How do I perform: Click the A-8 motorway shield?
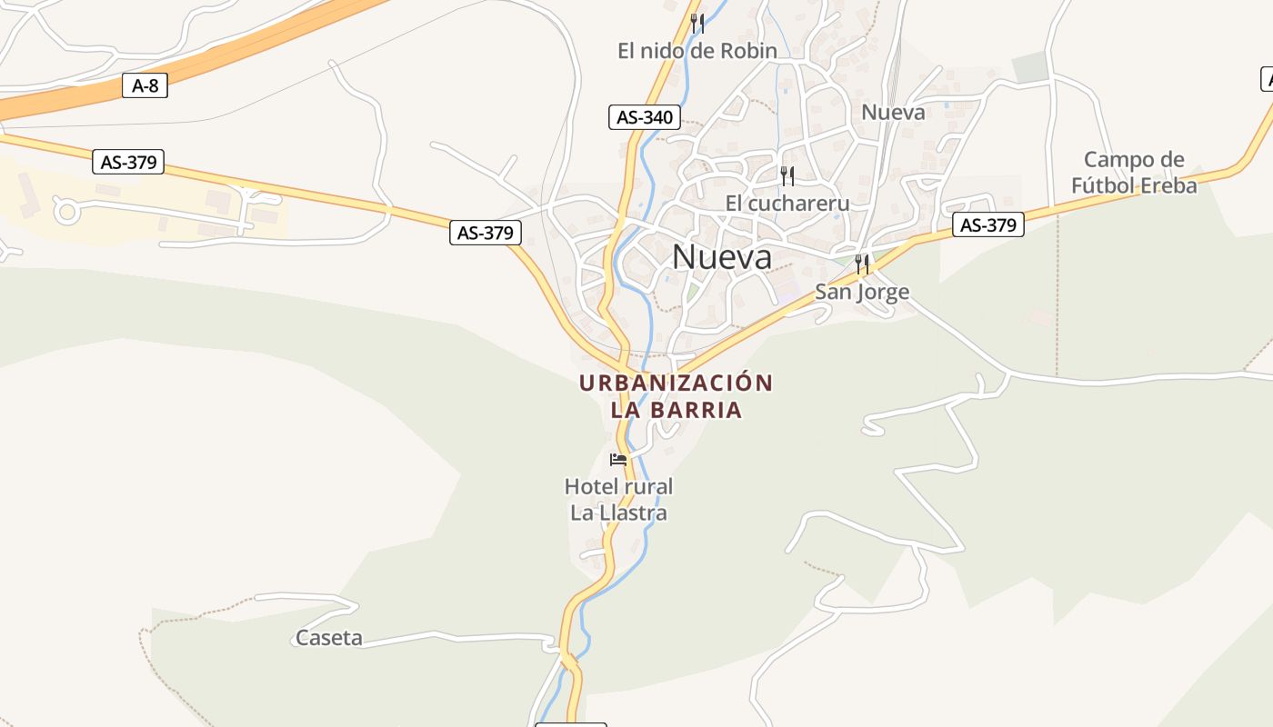(x=145, y=86)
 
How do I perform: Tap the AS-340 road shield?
(x=645, y=117)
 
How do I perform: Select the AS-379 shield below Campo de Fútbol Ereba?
(x=988, y=225)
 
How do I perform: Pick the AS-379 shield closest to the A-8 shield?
(x=129, y=163)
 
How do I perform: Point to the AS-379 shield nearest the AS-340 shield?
(x=486, y=233)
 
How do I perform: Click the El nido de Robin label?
(x=697, y=51)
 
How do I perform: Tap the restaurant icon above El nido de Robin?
(x=697, y=23)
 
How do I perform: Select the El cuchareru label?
(x=787, y=203)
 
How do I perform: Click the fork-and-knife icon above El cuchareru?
(x=787, y=175)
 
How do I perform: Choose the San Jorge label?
(x=862, y=292)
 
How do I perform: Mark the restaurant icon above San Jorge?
(x=862, y=264)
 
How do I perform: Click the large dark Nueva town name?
(x=722, y=257)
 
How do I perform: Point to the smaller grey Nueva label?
(x=893, y=113)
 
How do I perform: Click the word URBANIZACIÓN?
(x=676, y=383)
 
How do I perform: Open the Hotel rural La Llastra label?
(x=618, y=500)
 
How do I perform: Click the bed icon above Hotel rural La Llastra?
(x=618, y=459)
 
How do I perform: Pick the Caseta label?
(x=329, y=638)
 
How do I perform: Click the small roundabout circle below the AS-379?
(x=66, y=212)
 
